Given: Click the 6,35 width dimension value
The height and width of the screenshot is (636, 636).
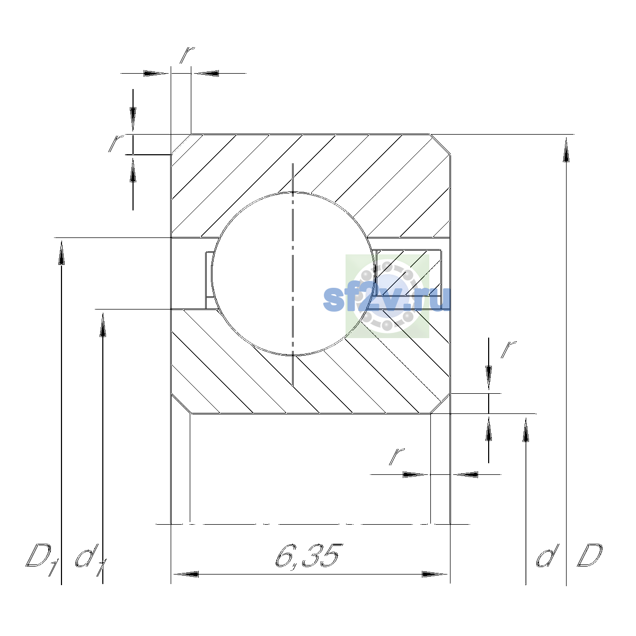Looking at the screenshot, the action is [307, 556].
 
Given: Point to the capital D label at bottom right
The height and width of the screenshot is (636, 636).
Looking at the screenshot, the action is [590, 555].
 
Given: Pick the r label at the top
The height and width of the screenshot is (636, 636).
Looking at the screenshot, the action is [187, 55].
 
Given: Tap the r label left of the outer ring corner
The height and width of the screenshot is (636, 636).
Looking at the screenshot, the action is [116, 143].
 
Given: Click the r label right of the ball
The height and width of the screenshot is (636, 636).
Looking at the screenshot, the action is [508, 349].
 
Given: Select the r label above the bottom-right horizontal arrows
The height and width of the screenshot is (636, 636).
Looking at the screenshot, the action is [397, 457].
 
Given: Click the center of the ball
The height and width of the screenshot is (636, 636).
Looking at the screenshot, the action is [293, 274].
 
